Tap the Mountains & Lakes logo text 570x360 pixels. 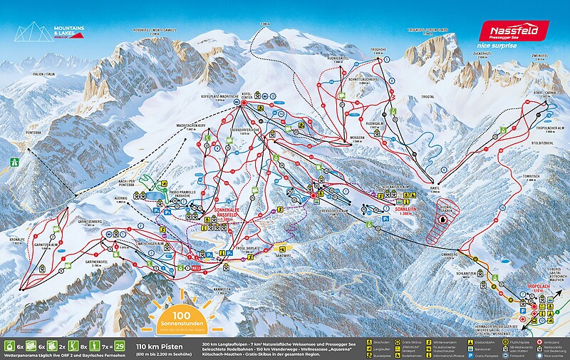click(x=69, y=31)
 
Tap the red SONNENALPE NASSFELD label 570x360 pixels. click(x=227, y=211)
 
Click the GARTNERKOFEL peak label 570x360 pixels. click(x=100, y=266)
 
